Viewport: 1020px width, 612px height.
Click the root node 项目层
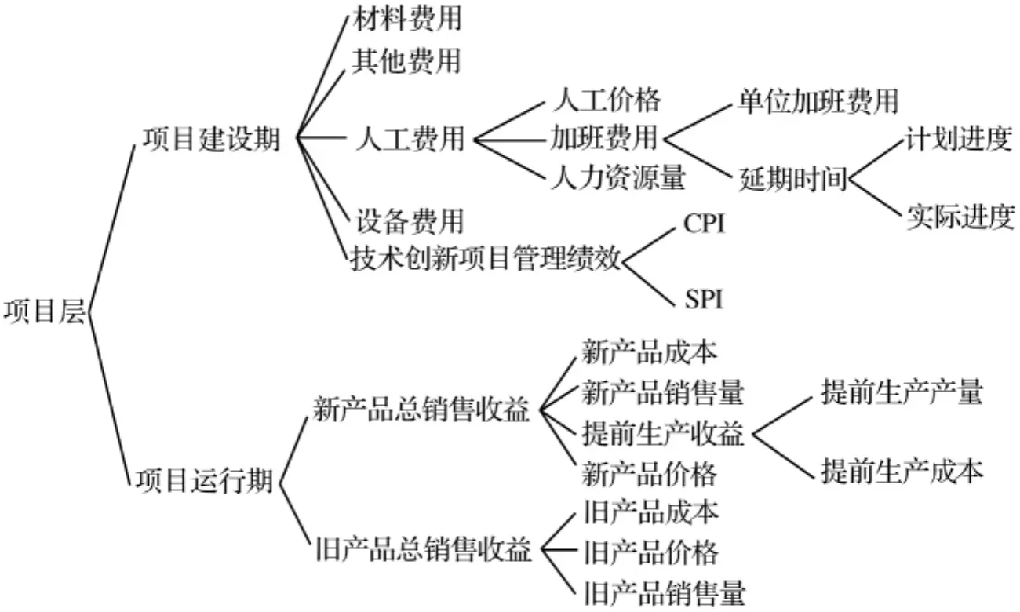pyautogui.click(x=45, y=312)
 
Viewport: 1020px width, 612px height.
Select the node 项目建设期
pyautogui.click(x=212, y=140)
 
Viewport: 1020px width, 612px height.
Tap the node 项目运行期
pyautogui.click(x=205, y=480)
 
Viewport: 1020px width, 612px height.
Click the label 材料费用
pyautogui.click(x=407, y=19)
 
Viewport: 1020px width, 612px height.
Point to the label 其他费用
pyautogui.click(x=406, y=61)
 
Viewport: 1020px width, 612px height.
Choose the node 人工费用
pyautogui.click(x=410, y=138)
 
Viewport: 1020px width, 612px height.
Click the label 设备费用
pyautogui.click(x=409, y=221)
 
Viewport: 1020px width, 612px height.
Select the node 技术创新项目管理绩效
pyautogui.click(x=486, y=259)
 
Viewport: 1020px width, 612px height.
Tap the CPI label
pyautogui.click(x=704, y=224)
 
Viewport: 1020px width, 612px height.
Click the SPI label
pyautogui.click(x=704, y=300)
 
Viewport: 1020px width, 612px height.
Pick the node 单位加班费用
pyautogui.click(x=818, y=101)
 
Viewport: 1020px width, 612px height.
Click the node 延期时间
pyautogui.click(x=792, y=179)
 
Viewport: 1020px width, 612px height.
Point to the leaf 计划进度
pyautogui.click(x=959, y=138)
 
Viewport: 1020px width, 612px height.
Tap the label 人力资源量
pyautogui.click(x=618, y=177)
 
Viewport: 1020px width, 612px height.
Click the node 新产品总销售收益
pyautogui.click(x=421, y=410)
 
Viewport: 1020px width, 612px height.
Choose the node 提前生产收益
pyautogui.click(x=663, y=433)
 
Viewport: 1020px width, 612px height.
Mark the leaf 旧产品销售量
pyautogui.click(x=665, y=592)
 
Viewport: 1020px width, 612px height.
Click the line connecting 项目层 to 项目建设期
pyautogui.click(x=111, y=229)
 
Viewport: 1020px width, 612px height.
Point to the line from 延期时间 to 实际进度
pyautogui.click(x=875, y=198)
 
